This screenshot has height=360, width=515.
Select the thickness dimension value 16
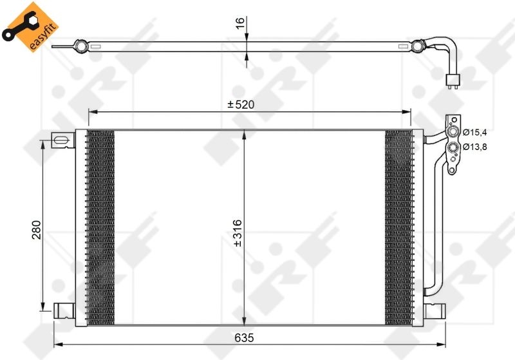tap(240, 24)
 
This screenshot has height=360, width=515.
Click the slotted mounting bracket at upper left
tap(62, 140)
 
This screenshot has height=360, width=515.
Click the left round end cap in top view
tap(80, 46)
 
